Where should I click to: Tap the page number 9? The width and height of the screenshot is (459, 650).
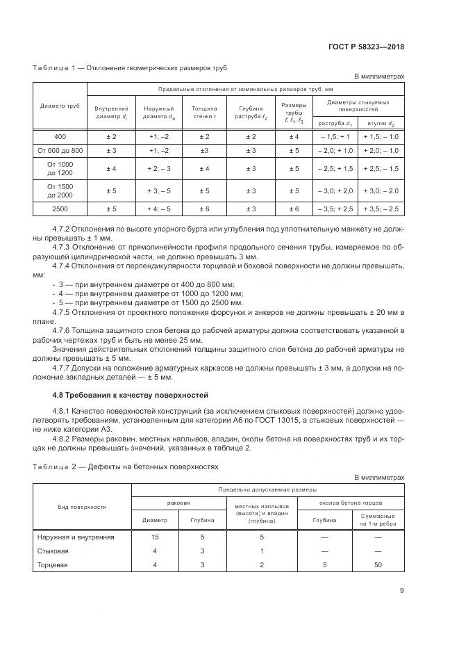tap(401, 591)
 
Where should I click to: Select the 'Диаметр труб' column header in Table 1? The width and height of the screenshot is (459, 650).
tap(59, 106)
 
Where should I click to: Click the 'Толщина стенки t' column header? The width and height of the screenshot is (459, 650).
tap(204, 113)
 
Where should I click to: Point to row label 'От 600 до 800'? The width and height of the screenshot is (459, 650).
tap(59, 150)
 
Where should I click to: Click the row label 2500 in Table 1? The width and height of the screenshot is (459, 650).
tap(59, 208)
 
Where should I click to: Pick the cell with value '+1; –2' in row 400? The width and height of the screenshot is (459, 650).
tap(158, 136)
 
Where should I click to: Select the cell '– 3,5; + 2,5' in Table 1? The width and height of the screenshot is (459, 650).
tap(335, 208)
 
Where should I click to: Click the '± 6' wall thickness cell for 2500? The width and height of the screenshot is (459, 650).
tap(204, 208)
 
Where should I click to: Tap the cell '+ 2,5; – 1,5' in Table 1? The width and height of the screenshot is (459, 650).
tap(381, 169)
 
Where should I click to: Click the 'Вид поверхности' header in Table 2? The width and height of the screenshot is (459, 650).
tap(82, 507)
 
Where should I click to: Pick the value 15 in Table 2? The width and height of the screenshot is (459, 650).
tap(155, 537)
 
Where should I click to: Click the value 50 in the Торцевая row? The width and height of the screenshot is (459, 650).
tap(378, 564)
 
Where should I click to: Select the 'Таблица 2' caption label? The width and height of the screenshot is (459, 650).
tap(53, 466)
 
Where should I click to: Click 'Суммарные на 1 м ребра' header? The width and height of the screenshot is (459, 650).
tap(378, 519)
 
